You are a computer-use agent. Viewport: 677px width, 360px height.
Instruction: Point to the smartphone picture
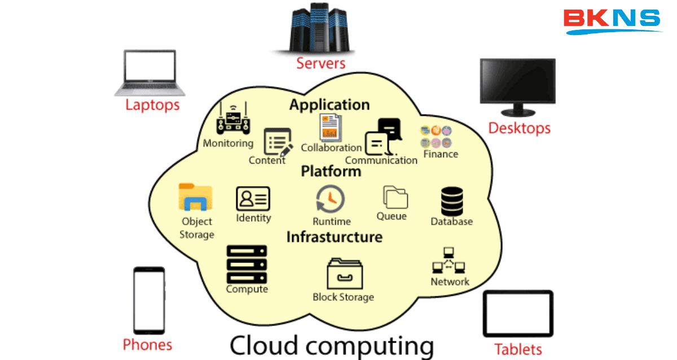pyautogui.click(x=149, y=300)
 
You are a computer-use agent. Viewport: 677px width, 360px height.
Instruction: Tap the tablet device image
pyautogui.click(x=518, y=314)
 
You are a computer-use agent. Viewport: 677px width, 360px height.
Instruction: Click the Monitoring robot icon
pyautogui.click(x=232, y=119)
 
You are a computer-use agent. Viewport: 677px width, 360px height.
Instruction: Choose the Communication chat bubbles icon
pyautogui.click(x=382, y=137)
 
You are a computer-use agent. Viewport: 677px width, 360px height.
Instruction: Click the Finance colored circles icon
pyautogui.click(x=436, y=137)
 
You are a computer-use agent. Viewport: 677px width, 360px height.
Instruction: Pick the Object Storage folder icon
pyautogui.click(x=195, y=197)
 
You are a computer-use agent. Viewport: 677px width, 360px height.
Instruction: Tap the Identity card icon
pyautogui.click(x=253, y=199)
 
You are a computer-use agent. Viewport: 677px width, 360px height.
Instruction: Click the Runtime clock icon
pyautogui.click(x=331, y=200)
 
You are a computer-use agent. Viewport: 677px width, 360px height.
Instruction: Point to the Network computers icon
pyautogui.click(x=449, y=261)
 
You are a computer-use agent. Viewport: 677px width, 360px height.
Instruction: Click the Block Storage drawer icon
pyautogui.click(x=345, y=274)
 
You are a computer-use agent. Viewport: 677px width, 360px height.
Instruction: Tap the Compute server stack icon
pyautogui.click(x=247, y=264)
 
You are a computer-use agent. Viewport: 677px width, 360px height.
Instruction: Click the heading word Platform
pyautogui.click(x=331, y=171)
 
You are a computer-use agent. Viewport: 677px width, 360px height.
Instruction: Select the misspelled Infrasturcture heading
pyautogui.click(x=334, y=237)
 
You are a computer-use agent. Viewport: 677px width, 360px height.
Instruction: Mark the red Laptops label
pyautogui.click(x=152, y=105)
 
